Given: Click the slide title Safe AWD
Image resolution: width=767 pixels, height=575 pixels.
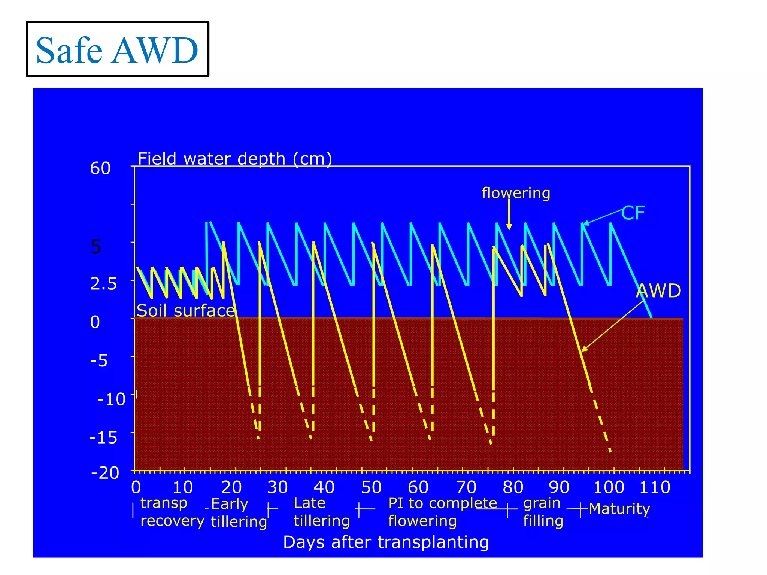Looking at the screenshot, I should pyautogui.click(x=117, y=50).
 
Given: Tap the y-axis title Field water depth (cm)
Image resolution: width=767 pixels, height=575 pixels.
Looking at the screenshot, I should pyautogui.click(x=235, y=159).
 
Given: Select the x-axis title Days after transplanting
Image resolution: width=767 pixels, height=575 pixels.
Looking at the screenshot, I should pyautogui.click(x=386, y=542).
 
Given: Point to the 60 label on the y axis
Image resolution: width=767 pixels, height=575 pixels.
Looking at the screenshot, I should pyautogui.click(x=100, y=168).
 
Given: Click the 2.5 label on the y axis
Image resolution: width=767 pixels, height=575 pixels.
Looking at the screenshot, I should pyautogui.click(x=103, y=284).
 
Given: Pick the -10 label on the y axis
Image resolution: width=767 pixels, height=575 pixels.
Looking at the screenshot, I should pyautogui.click(x=111, y=399).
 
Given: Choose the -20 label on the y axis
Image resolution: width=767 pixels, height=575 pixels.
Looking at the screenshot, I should pyautogui.click(x=105, y=473).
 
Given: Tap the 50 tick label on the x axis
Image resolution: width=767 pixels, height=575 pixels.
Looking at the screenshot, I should pyautogui.click(x=371, y=487).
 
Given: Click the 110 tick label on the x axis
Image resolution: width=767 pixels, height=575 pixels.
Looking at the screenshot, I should pyautogui.click(x=655, y=487).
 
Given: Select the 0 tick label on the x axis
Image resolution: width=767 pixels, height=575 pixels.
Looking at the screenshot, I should pyautogui.click(x=136, y=487).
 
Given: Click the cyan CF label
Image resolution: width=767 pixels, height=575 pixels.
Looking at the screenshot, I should pyautogui.click(x=633, y=213).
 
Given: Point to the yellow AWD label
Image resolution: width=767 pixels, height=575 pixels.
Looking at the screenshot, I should pyautogui.click(x=658, y=291).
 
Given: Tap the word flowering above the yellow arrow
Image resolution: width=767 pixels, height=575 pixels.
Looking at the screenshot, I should pyautogui.click(x=516, y=193).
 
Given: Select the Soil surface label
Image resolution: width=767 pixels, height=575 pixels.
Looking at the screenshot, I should pyautogui.click(x=186, y=311).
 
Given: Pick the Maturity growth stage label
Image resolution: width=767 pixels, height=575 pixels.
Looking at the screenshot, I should pyautogui.click(x=619, y=509).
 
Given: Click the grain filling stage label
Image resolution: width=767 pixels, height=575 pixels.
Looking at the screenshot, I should pyautogui.click(x=543, y=512).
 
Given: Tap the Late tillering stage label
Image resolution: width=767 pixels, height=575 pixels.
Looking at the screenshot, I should pyautogui.click(x=321, y=512).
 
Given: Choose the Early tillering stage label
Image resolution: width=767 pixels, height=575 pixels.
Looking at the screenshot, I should pyautogui.click(x=239, y=512).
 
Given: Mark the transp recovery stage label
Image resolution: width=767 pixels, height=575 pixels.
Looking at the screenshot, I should pyautogui.click(x=172, y=512).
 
